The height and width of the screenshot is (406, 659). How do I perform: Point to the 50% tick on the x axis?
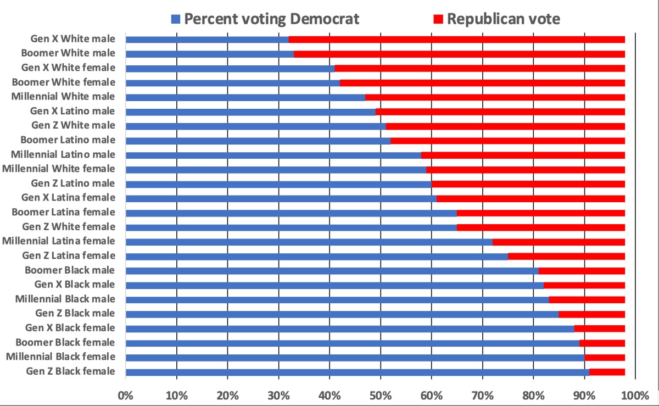[380, 395]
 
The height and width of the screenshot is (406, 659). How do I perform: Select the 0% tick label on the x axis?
[126, 395]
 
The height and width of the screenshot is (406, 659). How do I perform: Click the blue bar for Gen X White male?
[207, 40]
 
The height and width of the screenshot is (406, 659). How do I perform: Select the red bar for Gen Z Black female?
[607, 372]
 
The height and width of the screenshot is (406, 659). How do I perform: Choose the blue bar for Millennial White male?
[245, 97]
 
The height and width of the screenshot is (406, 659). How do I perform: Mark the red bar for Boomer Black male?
[582, 270]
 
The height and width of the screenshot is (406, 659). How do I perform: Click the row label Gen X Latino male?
[72, 112]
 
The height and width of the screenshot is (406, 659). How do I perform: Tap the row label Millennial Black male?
[65, 299]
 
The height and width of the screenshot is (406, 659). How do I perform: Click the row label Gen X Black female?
[70, 328]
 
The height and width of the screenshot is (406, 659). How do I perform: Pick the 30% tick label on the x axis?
[278, 395]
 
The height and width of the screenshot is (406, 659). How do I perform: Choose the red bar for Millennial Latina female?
[559, 242]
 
